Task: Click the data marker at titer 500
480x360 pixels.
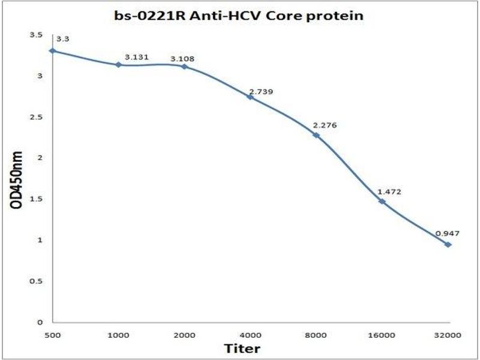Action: point(52,50)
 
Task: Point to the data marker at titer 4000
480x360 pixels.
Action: point(250,97)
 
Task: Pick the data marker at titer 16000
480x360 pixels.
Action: point(382,201)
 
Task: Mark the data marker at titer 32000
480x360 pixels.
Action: point(448,244)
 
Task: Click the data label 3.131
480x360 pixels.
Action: point(136,56)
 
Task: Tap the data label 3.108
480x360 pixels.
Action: point(182,59)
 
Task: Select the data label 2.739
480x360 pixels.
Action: point(260,91)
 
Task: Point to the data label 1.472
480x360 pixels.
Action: point(389,192)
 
